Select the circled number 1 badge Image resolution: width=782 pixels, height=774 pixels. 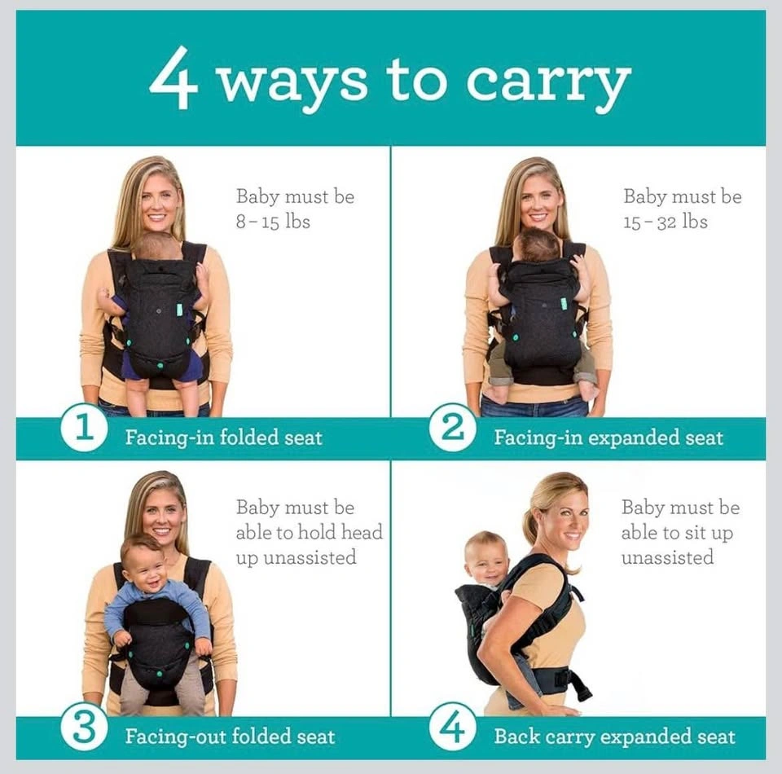(84, 428)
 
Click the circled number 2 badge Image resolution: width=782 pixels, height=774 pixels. (452, 428)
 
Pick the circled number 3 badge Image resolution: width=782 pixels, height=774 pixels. (84, 727)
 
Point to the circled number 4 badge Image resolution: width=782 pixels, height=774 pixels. (452, 727)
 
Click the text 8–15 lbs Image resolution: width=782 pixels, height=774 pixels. (273, 222)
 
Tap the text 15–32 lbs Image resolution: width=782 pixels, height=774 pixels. (666, 222)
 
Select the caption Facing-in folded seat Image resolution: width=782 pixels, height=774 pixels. (223, 438)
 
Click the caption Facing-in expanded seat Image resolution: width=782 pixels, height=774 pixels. (608, 438)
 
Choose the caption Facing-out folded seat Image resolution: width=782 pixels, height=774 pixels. (230, 737)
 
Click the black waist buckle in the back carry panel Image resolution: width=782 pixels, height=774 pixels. (563, 677)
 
